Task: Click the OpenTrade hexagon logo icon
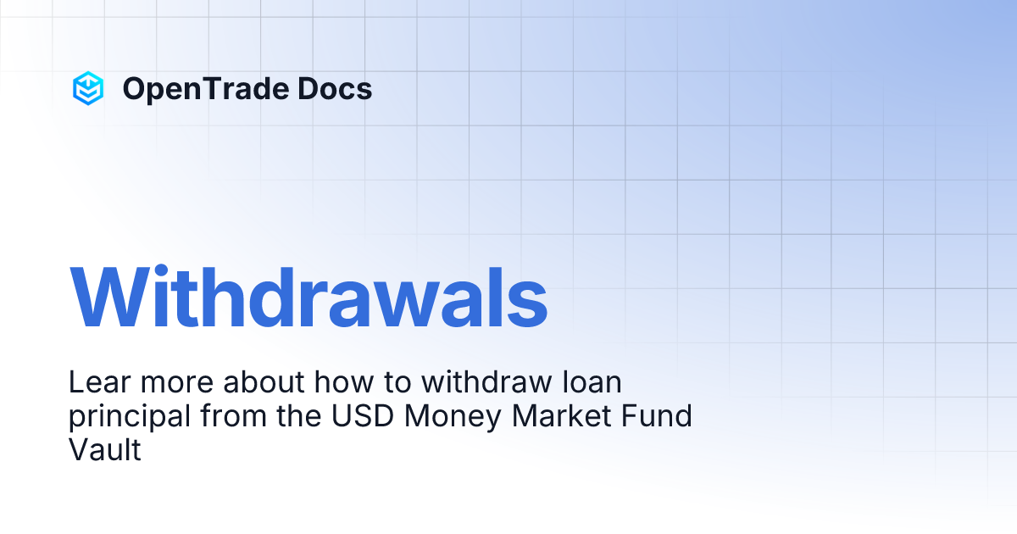click(x=88, y=88)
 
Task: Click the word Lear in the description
click(x=94, y=382)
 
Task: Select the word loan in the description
click(x=592, y=382)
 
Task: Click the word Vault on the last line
click(x=104, y=450)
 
